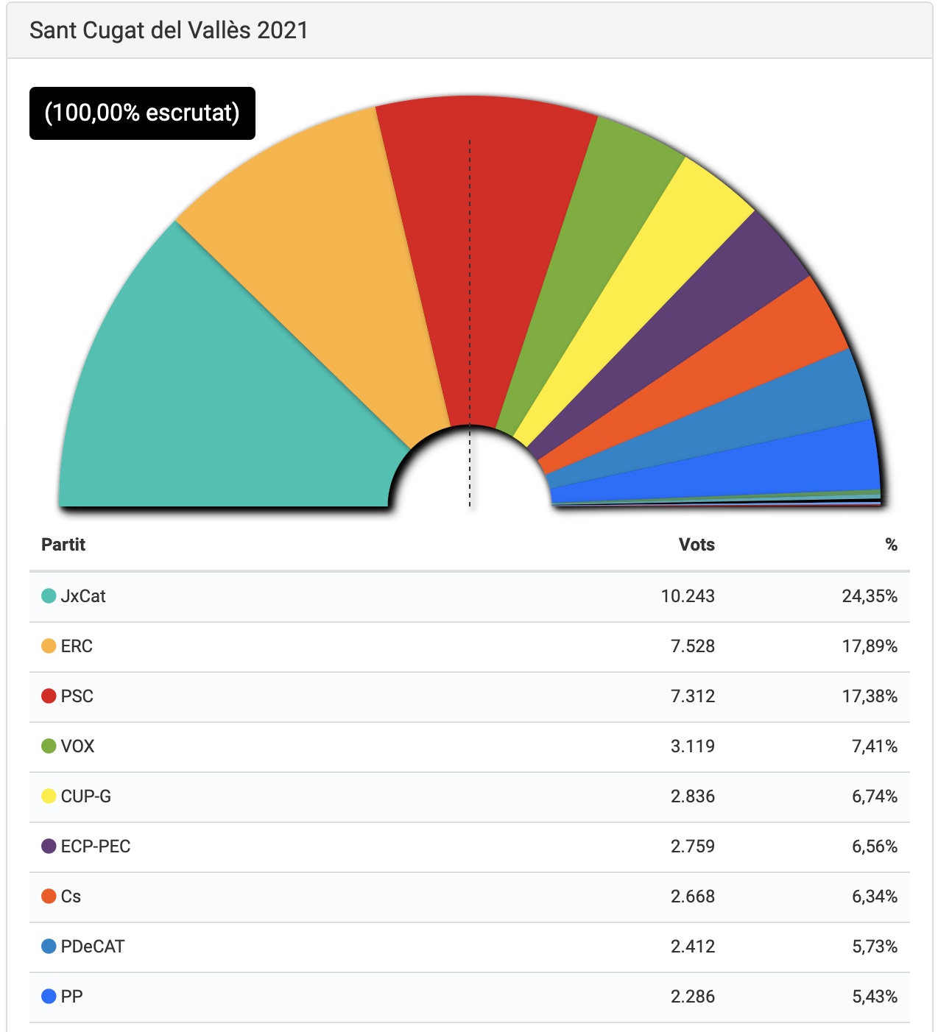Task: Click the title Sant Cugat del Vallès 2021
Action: (x=169, y=30)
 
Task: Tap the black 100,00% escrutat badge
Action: (x=142, y=113)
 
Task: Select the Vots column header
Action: (x=697, y=545)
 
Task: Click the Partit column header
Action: (x=63, y=545)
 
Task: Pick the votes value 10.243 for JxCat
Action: (x=688, y=596)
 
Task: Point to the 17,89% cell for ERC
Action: (x=870, y=646)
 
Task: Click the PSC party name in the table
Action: (x=77, y=696)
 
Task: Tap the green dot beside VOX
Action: (x=49, y=746)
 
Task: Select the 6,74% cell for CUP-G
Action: (x=875, y=796)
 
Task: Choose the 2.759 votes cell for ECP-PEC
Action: (x=692, y=847)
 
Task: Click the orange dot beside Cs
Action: (x=49, y=897)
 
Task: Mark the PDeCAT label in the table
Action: (x=93, y=947)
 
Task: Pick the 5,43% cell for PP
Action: (x=875, y=997)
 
